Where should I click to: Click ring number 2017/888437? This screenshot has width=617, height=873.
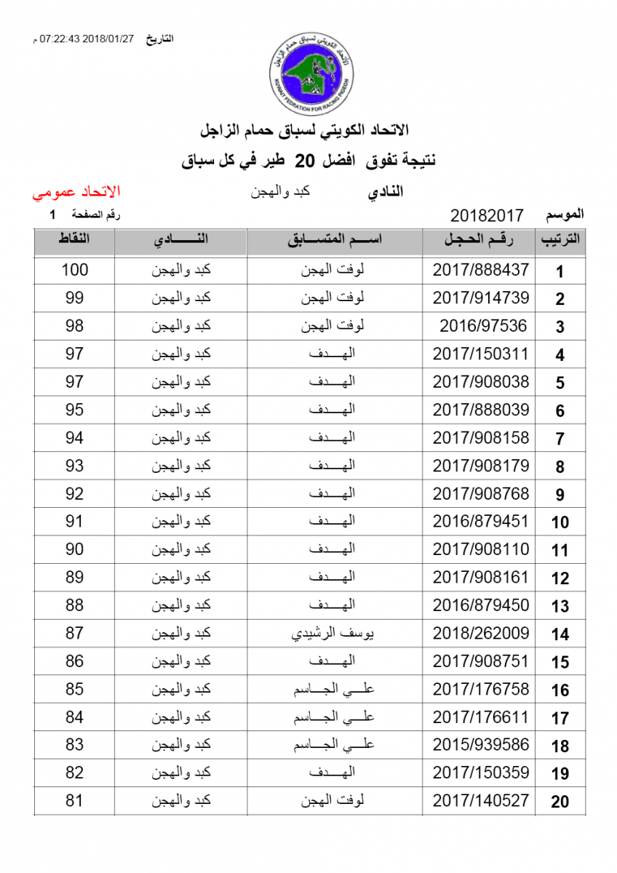pos(481,270)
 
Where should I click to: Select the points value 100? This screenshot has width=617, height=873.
pos(74,270)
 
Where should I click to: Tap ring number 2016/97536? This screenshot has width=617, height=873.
pos(483,326)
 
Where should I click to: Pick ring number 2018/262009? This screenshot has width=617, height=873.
pos(481,634)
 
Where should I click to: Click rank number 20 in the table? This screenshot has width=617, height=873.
pos(560,802)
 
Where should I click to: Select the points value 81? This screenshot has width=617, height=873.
pos(74,801)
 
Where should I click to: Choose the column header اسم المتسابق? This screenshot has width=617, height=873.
pos(335,240)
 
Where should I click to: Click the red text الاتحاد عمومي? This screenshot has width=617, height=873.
pos(76,193)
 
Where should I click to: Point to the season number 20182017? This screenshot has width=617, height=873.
pos(487,216)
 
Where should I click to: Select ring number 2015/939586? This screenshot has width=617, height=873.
pos(481,745)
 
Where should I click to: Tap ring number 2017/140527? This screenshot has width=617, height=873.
pos(481,801)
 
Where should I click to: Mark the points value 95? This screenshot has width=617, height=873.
pos(74,410)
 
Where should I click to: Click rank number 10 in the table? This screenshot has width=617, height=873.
pos(560,522)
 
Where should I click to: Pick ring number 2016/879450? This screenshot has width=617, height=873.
pos(481,605)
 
